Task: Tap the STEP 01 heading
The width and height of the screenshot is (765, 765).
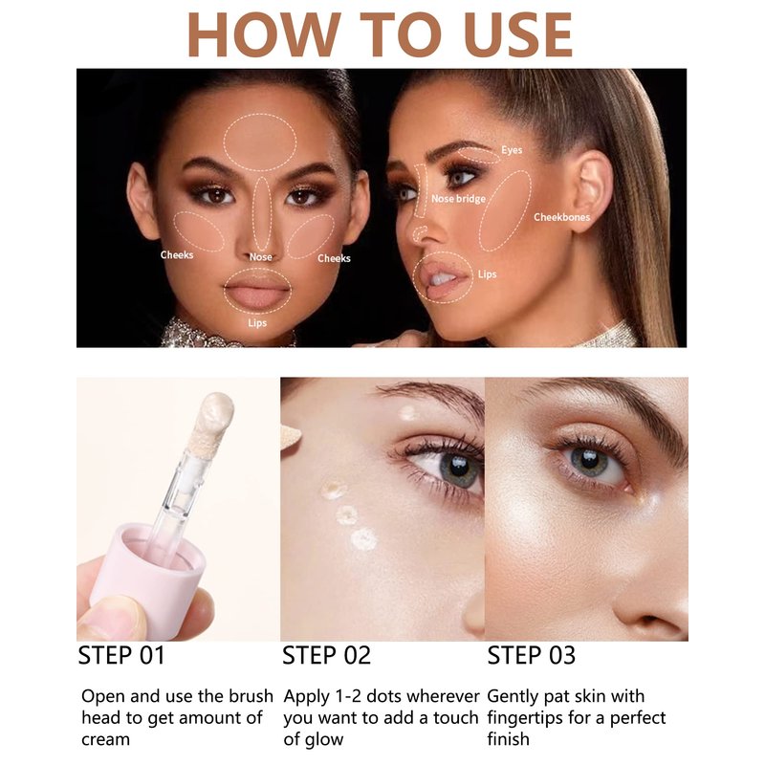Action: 122,655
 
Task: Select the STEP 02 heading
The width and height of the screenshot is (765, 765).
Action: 326,655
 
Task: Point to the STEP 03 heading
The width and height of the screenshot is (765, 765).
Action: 532,655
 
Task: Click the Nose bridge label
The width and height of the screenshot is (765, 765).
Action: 458,199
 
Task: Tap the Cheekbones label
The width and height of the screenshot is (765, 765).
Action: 561,217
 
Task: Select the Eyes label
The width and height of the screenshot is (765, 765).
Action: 512,150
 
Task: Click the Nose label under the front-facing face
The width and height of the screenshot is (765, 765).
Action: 260,256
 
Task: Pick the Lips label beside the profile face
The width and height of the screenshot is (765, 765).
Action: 487,274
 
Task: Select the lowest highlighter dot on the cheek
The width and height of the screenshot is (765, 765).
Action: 363,539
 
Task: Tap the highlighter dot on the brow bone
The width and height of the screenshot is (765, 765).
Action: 407,413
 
